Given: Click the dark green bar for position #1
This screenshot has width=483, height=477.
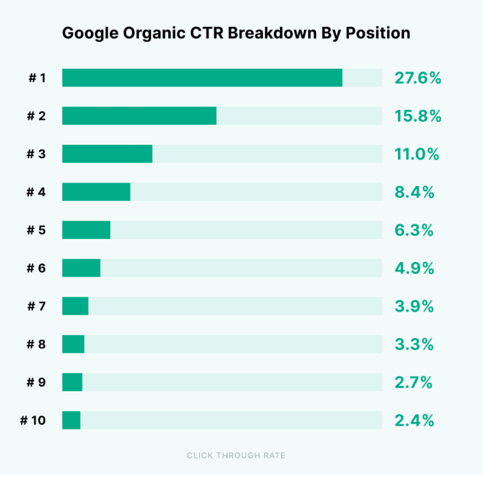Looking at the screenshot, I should (x=202, y=78).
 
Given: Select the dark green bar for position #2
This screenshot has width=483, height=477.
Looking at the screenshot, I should (x=139, y=116).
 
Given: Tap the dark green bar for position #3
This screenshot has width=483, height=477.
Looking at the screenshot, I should (x=107, y=154).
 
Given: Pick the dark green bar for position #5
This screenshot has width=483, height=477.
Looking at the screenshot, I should (x=86, y=230).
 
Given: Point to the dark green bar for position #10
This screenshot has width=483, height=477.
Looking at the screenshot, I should (x=71, y=420).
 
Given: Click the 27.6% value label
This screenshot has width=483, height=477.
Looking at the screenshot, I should (x=417, y=78).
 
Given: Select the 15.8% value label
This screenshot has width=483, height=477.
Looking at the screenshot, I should (x=417, y=116).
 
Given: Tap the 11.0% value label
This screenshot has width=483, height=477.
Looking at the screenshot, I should (x=416, y=154).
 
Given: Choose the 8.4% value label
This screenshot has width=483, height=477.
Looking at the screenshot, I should (x=414, y=192).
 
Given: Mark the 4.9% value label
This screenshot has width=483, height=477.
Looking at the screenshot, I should (x=414, y=268).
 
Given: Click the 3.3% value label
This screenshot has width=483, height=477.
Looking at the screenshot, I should (x=414, y=344).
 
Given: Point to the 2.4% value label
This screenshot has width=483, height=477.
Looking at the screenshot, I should (x=414, y=420).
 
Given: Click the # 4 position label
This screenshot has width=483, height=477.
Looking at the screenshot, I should (x=36, y=192).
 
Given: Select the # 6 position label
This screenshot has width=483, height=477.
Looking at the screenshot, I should (x=36, y=268).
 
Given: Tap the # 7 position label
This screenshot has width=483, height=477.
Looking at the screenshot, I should (x=36, y=306).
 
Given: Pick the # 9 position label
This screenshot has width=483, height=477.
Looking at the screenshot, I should (x=36, y=382).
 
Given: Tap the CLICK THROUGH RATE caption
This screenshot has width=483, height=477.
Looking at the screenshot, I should (x=236, y=455).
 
